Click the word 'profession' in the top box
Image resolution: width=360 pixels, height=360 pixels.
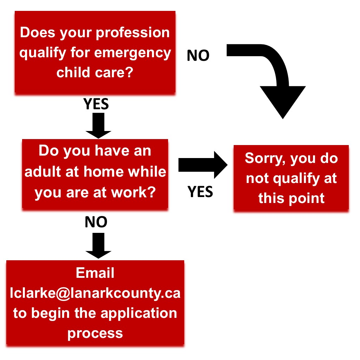[x=133, y=33]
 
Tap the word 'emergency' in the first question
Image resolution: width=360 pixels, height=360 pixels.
[x=133, y=53]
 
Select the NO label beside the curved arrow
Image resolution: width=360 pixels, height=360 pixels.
[x=198, y=55]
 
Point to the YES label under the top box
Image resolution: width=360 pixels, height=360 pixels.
[x=96, y=104]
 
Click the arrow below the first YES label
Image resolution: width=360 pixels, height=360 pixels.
[x=98, y=125]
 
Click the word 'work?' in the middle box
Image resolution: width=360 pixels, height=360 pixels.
[x=134, y=192]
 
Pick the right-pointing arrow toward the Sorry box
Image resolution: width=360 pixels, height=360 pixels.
[x=203, y=165]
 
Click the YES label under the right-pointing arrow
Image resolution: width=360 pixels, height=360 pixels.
[x=200, y=192]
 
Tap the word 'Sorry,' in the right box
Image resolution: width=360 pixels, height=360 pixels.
[x=265, y=159]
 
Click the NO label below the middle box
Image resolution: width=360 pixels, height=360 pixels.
[x=96, y=222]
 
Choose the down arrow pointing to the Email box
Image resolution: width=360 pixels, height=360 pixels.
[x=98, y=246]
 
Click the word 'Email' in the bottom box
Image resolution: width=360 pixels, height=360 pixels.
[x=95, y=273]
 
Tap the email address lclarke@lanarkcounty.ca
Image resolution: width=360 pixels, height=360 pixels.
[x=95, y=293]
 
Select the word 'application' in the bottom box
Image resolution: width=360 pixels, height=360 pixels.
[x=139, y=314]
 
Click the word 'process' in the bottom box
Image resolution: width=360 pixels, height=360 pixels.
[x=95, y=334]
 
